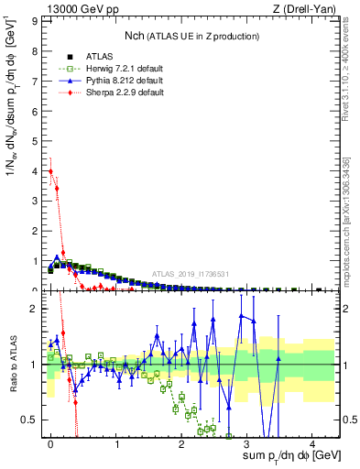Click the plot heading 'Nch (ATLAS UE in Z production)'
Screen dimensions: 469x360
191,36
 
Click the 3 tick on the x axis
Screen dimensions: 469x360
246,442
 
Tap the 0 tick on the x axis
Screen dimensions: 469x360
50,442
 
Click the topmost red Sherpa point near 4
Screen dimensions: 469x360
50,170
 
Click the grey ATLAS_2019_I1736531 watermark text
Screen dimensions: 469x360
191,274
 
